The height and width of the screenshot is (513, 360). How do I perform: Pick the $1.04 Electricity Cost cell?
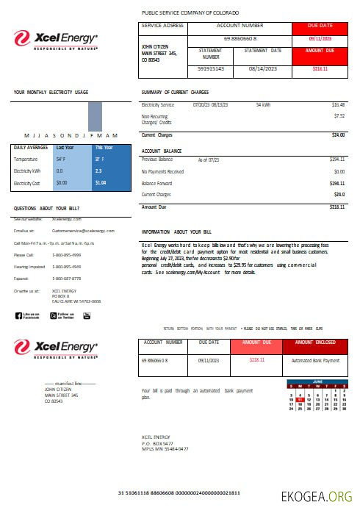pos(101,182)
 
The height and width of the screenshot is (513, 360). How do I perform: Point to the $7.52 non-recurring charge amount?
pos(339,115)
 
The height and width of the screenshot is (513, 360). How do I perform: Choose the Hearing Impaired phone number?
pos(66,267)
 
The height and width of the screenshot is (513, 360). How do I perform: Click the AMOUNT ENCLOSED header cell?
pos(314,342)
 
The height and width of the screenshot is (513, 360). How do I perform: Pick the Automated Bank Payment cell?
pos(315,360)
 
